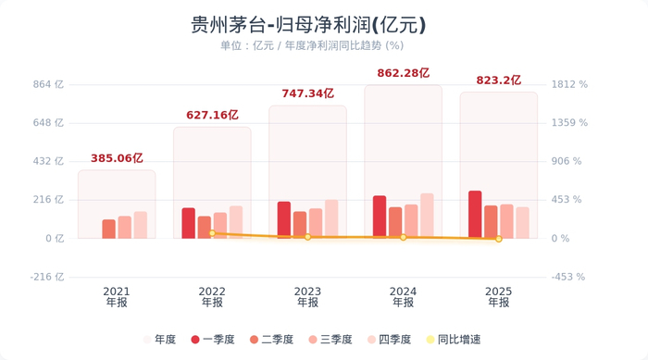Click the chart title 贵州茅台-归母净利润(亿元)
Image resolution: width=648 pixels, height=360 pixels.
pos(309,24)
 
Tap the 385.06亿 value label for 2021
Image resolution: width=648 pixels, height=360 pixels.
pos(117,158)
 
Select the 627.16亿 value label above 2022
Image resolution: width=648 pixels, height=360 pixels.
pos(212,115)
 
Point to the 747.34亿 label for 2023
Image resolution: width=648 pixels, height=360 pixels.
pos(307,93)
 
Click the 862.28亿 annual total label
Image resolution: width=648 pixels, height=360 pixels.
pos(403,72)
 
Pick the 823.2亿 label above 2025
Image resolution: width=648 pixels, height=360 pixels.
pos(498,80)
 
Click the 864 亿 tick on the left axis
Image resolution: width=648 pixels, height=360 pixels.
pos(48,84)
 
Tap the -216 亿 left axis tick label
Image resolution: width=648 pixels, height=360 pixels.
pos(45,277)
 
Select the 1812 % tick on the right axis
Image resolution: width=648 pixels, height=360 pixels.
pos(569,84)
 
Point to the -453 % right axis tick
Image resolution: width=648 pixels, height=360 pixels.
pos(569,277)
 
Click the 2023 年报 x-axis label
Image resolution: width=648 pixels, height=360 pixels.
pos(307,296)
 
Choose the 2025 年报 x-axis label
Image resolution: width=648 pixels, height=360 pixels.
pos(498,296)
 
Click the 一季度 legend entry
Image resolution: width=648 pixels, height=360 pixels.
pos(212,340)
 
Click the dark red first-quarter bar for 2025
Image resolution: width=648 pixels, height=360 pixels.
pos(475,215)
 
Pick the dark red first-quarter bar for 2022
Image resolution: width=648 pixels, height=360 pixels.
pos(189,223)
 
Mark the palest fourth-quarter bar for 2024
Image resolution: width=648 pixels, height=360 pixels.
pos(427,216)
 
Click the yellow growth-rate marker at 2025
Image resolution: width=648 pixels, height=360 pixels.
pos(498,239)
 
